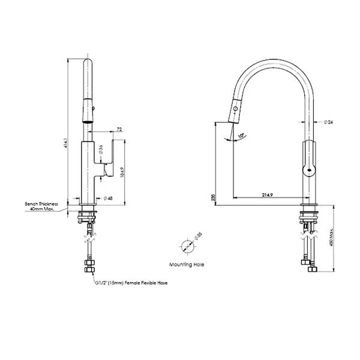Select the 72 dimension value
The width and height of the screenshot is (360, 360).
click(119, 129)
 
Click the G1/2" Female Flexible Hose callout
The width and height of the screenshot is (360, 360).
click(130, 282)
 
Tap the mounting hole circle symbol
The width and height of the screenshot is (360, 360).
click(187, 245)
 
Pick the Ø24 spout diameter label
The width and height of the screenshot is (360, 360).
click(328, 122)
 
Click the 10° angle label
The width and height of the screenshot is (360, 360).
click(241, 136)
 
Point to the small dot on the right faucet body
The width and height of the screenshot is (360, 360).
click(308, 170)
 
